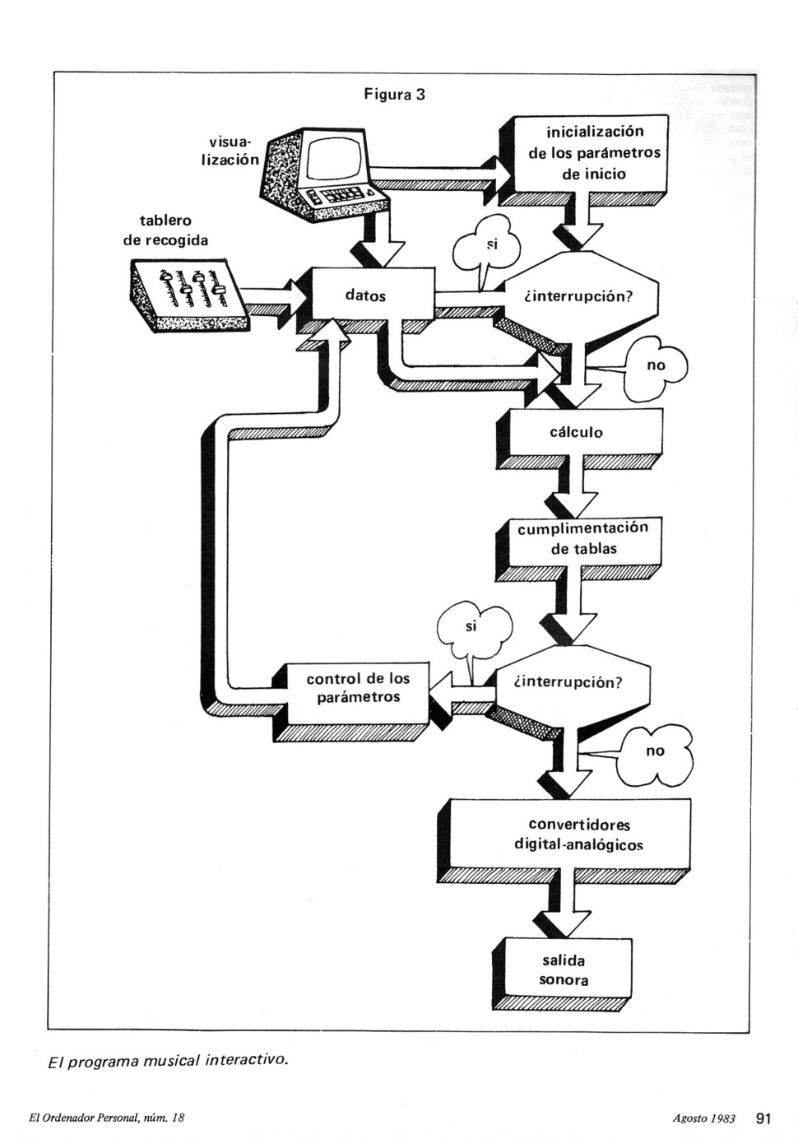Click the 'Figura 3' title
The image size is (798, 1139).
coord(394,95)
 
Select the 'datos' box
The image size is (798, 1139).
coord(373,295)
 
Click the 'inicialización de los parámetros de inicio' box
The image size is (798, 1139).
coord(591,153)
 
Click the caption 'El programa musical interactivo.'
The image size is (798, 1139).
coord(169,1062)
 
